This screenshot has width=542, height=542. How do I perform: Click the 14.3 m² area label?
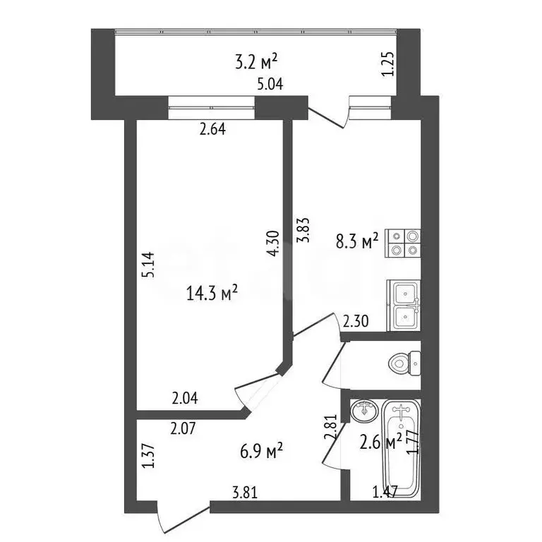[x=212, y=293]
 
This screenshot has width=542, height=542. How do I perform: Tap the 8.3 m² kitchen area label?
[x=357, y=241]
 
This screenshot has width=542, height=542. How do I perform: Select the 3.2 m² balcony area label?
[x=256, y=62]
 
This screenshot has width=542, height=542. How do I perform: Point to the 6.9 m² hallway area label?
[x=261, y=451]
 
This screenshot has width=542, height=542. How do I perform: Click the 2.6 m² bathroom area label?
[x=380, y=442]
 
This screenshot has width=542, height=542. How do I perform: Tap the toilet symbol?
[x=404, y=363]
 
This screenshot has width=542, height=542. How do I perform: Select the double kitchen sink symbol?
[x=404, y=305]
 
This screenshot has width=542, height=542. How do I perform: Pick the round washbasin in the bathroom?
[x=363, y=411]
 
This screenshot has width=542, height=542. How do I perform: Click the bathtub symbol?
[x=401, y=449]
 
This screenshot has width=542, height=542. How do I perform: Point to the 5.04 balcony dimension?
[x=270, y=84]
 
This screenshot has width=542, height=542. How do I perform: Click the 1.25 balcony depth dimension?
[x=388, y=64]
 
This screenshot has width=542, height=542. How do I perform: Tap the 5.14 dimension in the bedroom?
[x=149, y=265]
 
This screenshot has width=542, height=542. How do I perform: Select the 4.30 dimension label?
[x=272, y=243]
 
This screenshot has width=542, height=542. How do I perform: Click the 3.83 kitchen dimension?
[x=303, y=230]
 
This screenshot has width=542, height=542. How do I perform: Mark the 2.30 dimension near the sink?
[x=356, y=322]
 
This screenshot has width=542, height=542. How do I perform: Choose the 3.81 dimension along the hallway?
[x=245, y=493]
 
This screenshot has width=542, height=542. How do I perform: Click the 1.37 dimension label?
[x=149, y=457]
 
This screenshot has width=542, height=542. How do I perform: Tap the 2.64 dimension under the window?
[x=212, y=129]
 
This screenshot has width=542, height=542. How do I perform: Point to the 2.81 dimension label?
[x=330, y=427]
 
